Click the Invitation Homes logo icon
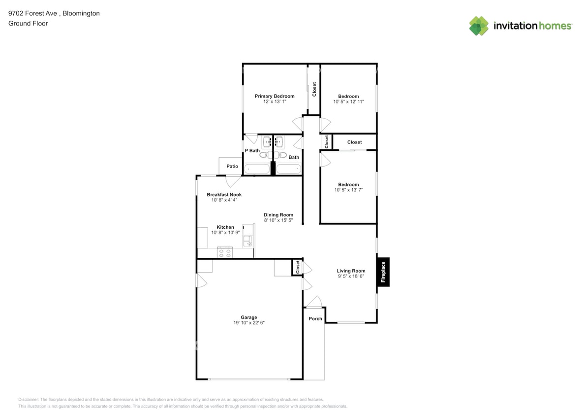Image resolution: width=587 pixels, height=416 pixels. pos(478,26)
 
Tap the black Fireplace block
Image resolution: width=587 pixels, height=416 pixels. pos(383,271)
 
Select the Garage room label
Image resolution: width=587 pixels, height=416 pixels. pos(249,317)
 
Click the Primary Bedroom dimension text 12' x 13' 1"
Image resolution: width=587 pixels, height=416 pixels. pos(274,102)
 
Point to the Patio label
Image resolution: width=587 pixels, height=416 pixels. pos(232,167)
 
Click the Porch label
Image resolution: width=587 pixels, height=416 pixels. pos(315,318)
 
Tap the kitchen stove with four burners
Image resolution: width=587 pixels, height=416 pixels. pos(225,253)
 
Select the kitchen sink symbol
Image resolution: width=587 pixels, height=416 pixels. pos(247,241)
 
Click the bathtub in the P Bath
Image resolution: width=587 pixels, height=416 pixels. pos(257,169)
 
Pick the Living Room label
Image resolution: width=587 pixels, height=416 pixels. pos(351,271)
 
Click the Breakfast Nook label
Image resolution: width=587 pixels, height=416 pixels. pos(224,195)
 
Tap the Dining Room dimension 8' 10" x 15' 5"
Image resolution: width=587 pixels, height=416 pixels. pos(278,220)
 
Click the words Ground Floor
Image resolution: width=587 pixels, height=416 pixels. pos(28,23)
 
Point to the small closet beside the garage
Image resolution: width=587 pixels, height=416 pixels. pos(297,267)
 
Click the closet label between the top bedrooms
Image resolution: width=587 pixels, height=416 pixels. pos(314,89)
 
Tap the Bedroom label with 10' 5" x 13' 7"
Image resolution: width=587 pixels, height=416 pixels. pos(348,185)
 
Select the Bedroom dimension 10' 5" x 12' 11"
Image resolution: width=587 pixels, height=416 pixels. pos(348,102)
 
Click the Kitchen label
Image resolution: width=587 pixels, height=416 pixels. pos(225,227)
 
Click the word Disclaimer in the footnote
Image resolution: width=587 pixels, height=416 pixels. pos(29,399)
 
